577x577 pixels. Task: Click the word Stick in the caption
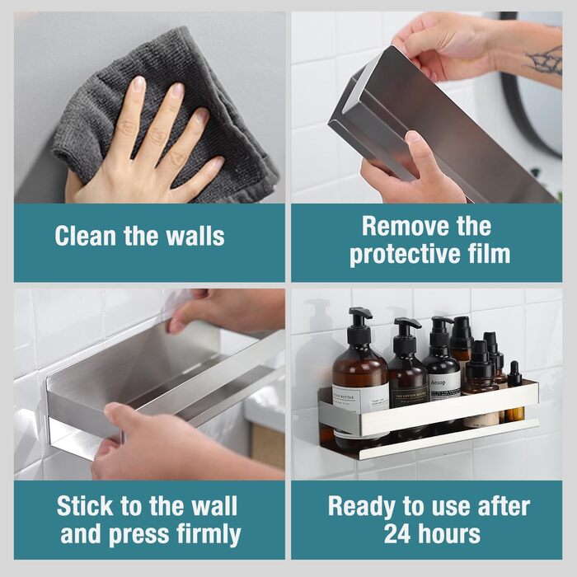(x=85, y=506)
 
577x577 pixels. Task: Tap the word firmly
(x=209, y=535)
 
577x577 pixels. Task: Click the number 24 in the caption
(x=396, y=534)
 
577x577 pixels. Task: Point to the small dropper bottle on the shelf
(x=514, y=390)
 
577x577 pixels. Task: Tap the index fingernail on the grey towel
(x=138, y=84)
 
